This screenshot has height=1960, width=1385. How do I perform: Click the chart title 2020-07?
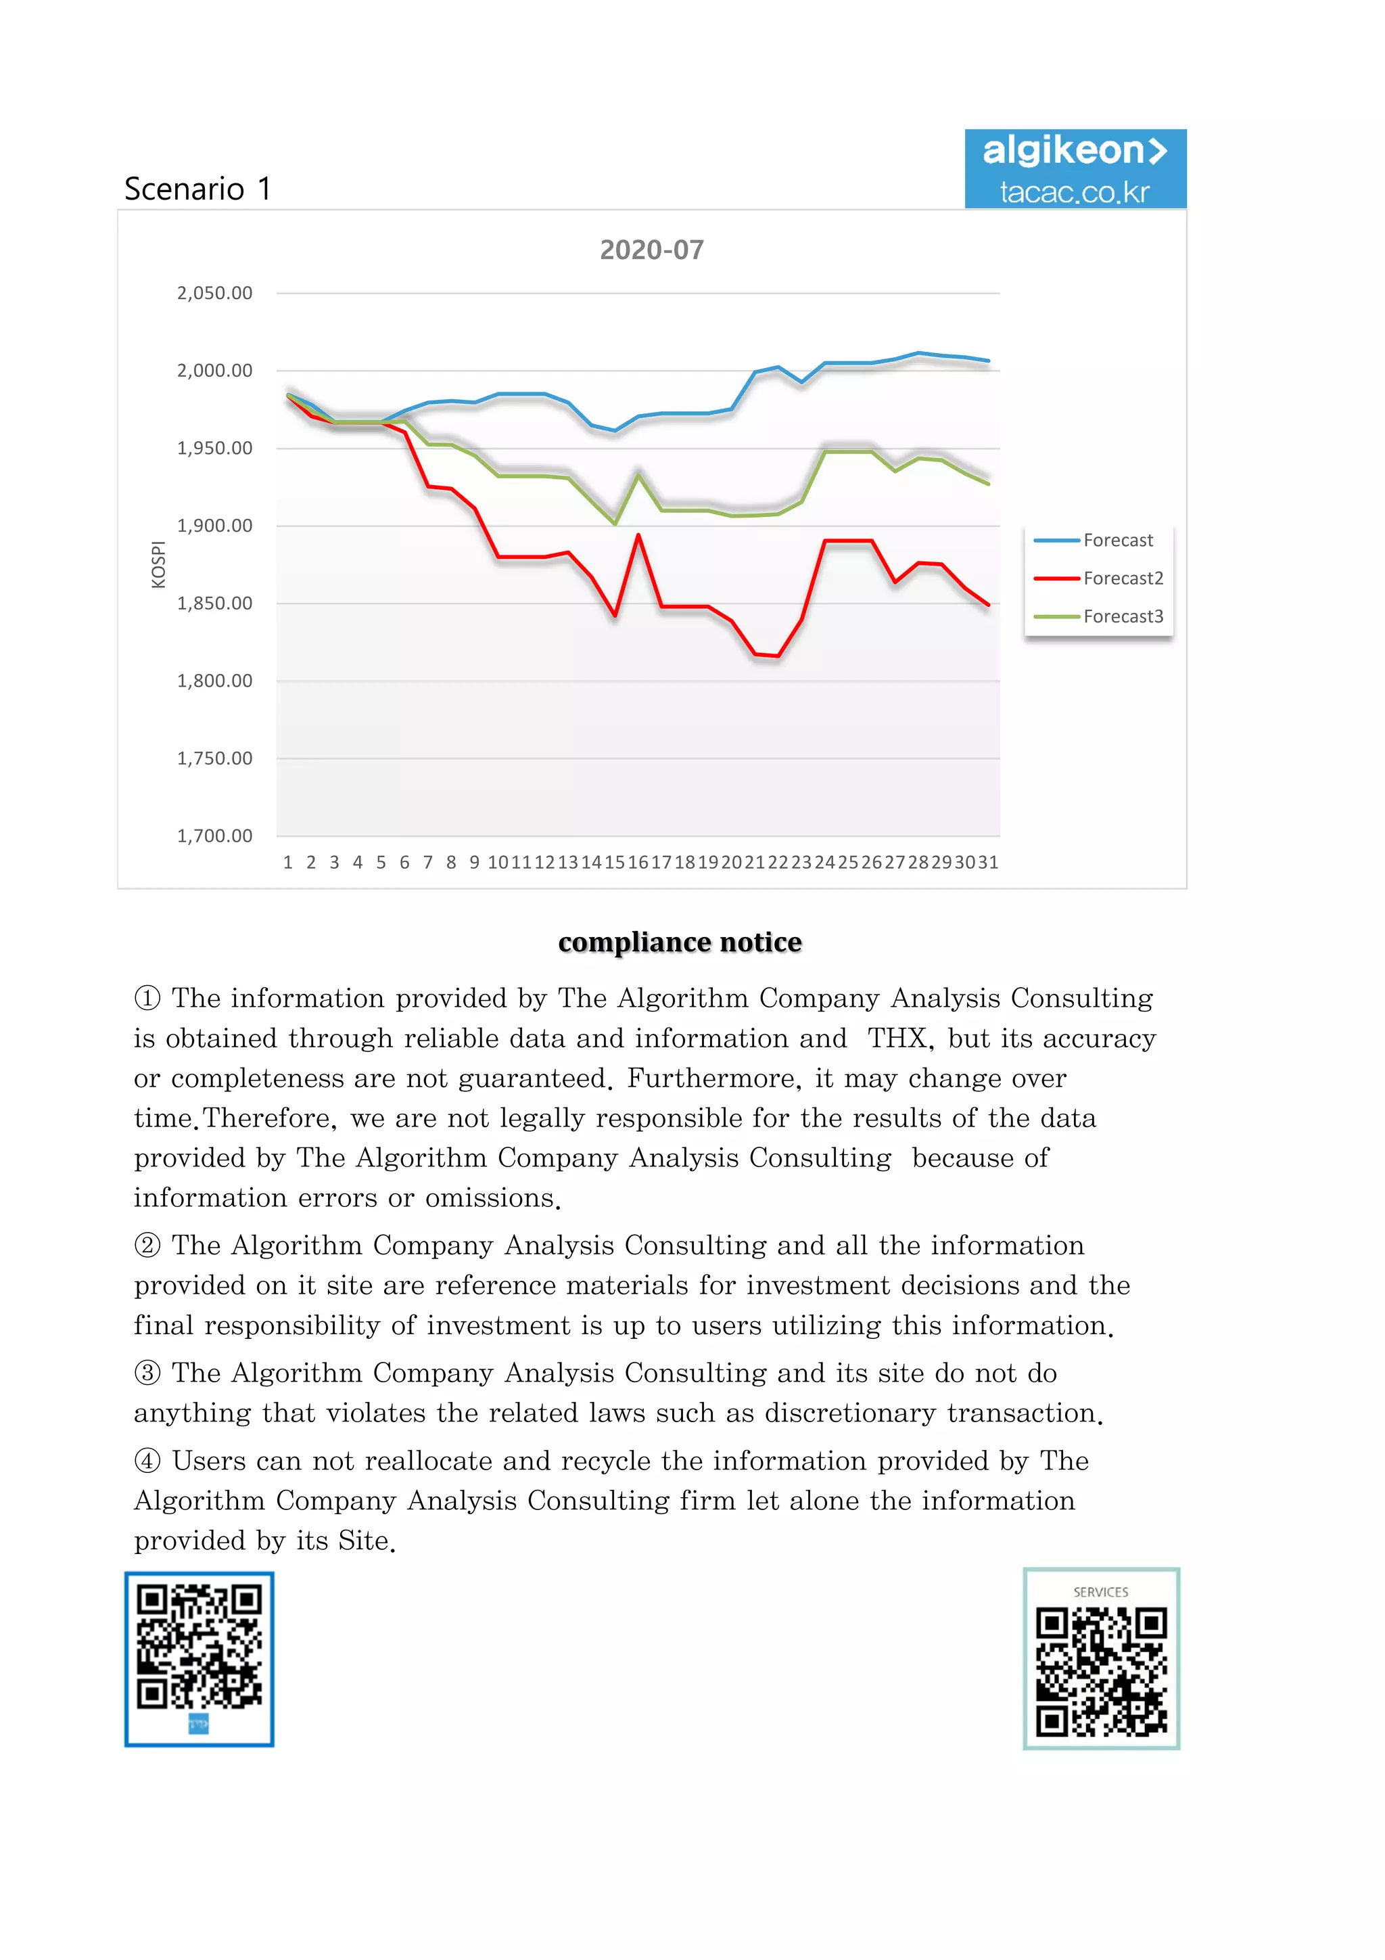pyautogui.click(x=651, y=250)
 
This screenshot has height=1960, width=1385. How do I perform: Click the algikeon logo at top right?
pyautogui.click(x=1075, y=169)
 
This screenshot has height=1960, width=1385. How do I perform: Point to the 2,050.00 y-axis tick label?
pyautogui.click(x=214, y=294)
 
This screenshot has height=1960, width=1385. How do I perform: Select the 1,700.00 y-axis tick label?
pyautogui.click(x=214, y=836)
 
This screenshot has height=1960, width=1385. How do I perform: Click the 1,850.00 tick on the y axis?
pyautogui.click(x=214, y=603)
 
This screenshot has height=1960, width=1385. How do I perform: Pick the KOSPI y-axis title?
pyautogui.click(x=158, y=564)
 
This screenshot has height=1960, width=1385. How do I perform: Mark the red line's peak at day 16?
pyautogui.click(x=638, y=535)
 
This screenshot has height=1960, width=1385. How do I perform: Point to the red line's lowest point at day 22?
pyautogui.click(x=778, y=656)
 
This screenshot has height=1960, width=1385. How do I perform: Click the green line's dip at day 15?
pyautogui.click(x=615, y=523)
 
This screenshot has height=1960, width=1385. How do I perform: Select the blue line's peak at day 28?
pyautogui.click(x=918, y=352)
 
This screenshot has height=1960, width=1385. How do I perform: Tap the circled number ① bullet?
pyautogui.click(x=147, y=998)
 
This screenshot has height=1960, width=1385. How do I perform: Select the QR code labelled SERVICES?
pyautogui.click(x=1101, y=1659)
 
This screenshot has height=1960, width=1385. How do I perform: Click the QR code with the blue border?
pyautogui.click(x=199, y=1659)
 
